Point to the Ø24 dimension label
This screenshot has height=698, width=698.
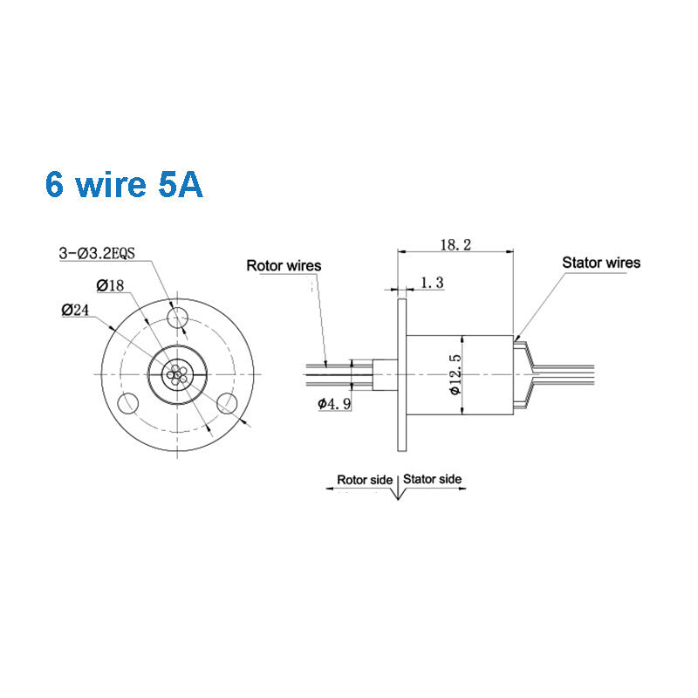[76, 308]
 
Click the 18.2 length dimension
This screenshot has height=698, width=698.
[455, 246]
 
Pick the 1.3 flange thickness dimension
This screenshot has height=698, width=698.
[433, 283]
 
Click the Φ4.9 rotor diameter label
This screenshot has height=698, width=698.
[335, 403]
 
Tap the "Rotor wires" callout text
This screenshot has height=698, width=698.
[284, 265]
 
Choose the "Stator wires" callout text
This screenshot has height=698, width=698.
[600, 263]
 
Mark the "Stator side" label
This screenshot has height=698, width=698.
[433, 480]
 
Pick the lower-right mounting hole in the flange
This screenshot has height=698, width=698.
[229, 401]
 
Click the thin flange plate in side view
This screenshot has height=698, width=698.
[401, 374]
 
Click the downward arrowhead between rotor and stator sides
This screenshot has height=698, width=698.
[399, 494]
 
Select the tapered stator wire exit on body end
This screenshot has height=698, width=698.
[523, 374]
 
